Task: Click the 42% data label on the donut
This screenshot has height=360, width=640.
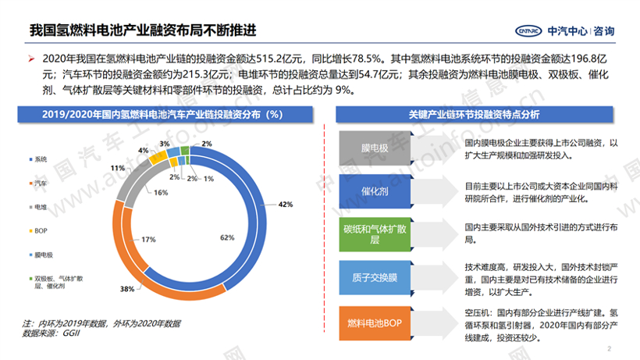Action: (286, 204)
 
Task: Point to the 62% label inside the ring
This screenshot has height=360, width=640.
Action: (226, 237)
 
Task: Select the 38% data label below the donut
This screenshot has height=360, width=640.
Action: (126, 290)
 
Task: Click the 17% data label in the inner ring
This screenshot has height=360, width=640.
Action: (148, 240)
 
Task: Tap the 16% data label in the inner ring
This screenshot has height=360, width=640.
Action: (138, 192)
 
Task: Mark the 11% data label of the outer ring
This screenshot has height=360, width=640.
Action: (118, 168)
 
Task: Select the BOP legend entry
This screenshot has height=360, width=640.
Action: (41, 230)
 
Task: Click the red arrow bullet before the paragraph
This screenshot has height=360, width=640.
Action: (31, 59)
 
